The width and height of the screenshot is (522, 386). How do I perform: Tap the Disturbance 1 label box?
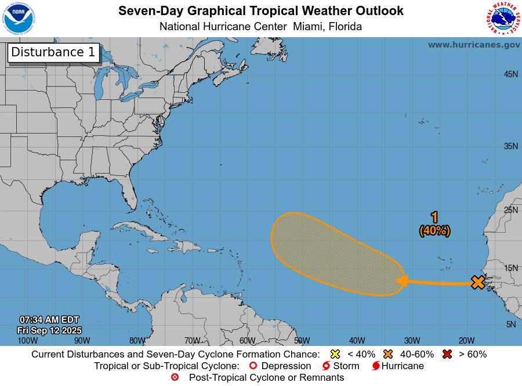53,52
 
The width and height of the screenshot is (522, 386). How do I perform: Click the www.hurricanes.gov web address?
474,45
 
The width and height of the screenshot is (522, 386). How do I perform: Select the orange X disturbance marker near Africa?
477,283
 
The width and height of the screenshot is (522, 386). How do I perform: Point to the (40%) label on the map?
434,230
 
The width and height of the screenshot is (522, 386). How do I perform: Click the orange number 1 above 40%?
434,217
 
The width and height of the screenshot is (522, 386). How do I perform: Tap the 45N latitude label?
510,74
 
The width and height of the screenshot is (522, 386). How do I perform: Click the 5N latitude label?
511,324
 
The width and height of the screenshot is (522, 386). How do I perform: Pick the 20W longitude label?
466,340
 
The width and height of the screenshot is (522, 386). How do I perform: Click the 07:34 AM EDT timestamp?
49,320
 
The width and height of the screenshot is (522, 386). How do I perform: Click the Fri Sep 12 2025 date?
49,330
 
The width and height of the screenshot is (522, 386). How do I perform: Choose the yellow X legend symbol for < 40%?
334,354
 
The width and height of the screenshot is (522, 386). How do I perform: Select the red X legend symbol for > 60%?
447,354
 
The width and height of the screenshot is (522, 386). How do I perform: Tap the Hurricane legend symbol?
376,366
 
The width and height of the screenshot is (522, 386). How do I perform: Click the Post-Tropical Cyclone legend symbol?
175,377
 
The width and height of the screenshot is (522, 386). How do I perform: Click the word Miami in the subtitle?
307,27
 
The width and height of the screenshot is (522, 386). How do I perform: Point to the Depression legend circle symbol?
252,366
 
